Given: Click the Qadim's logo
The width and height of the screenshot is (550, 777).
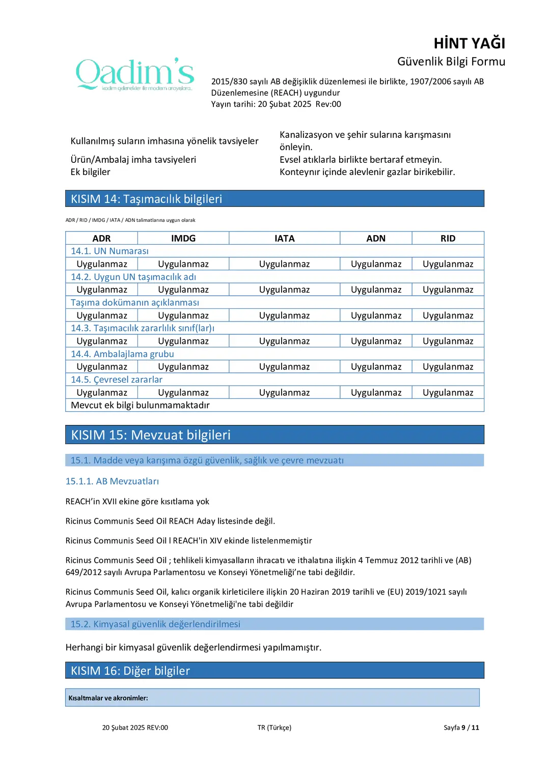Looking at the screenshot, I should coord(135,74).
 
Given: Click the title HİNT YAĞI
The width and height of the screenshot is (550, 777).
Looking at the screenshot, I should coord(469,44).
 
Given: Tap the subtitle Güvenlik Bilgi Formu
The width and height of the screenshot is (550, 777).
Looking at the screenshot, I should coord(451,62).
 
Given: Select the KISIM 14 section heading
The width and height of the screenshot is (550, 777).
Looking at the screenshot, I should coord(147,199).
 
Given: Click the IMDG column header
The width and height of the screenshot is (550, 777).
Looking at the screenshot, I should coord(183,238).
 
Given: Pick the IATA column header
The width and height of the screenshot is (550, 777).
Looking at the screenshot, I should coord(284,238).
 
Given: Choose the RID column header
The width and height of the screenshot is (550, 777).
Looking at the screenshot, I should coord(448,238).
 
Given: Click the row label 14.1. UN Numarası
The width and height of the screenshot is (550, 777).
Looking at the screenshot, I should coord(110,251).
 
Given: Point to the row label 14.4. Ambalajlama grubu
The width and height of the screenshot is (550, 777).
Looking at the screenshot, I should coord(123,354).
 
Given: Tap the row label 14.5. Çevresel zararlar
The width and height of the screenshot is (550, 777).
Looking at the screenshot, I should coord(117,380).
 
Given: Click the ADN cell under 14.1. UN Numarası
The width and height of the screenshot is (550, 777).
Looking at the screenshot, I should coord(376,264).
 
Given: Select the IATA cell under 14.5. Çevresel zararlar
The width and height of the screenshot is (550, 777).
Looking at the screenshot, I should coord(284,392).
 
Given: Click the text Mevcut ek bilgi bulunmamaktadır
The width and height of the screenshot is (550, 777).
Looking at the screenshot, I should coord(141,405).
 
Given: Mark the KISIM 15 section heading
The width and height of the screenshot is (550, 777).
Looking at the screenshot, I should coord(151,435).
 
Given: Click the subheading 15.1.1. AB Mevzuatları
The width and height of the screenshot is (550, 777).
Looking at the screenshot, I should coord(112,481).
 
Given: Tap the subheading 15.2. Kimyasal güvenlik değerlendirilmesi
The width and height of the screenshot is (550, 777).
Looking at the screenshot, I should coord(155,624).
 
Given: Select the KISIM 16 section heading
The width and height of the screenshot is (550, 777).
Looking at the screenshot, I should coord(130,671).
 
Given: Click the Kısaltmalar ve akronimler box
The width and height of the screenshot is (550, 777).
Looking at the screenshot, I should coord(272,698).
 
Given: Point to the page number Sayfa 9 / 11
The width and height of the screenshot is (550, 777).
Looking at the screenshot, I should coord(461,728).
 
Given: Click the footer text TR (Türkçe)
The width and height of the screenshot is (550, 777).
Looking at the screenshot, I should coord(274,728).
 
